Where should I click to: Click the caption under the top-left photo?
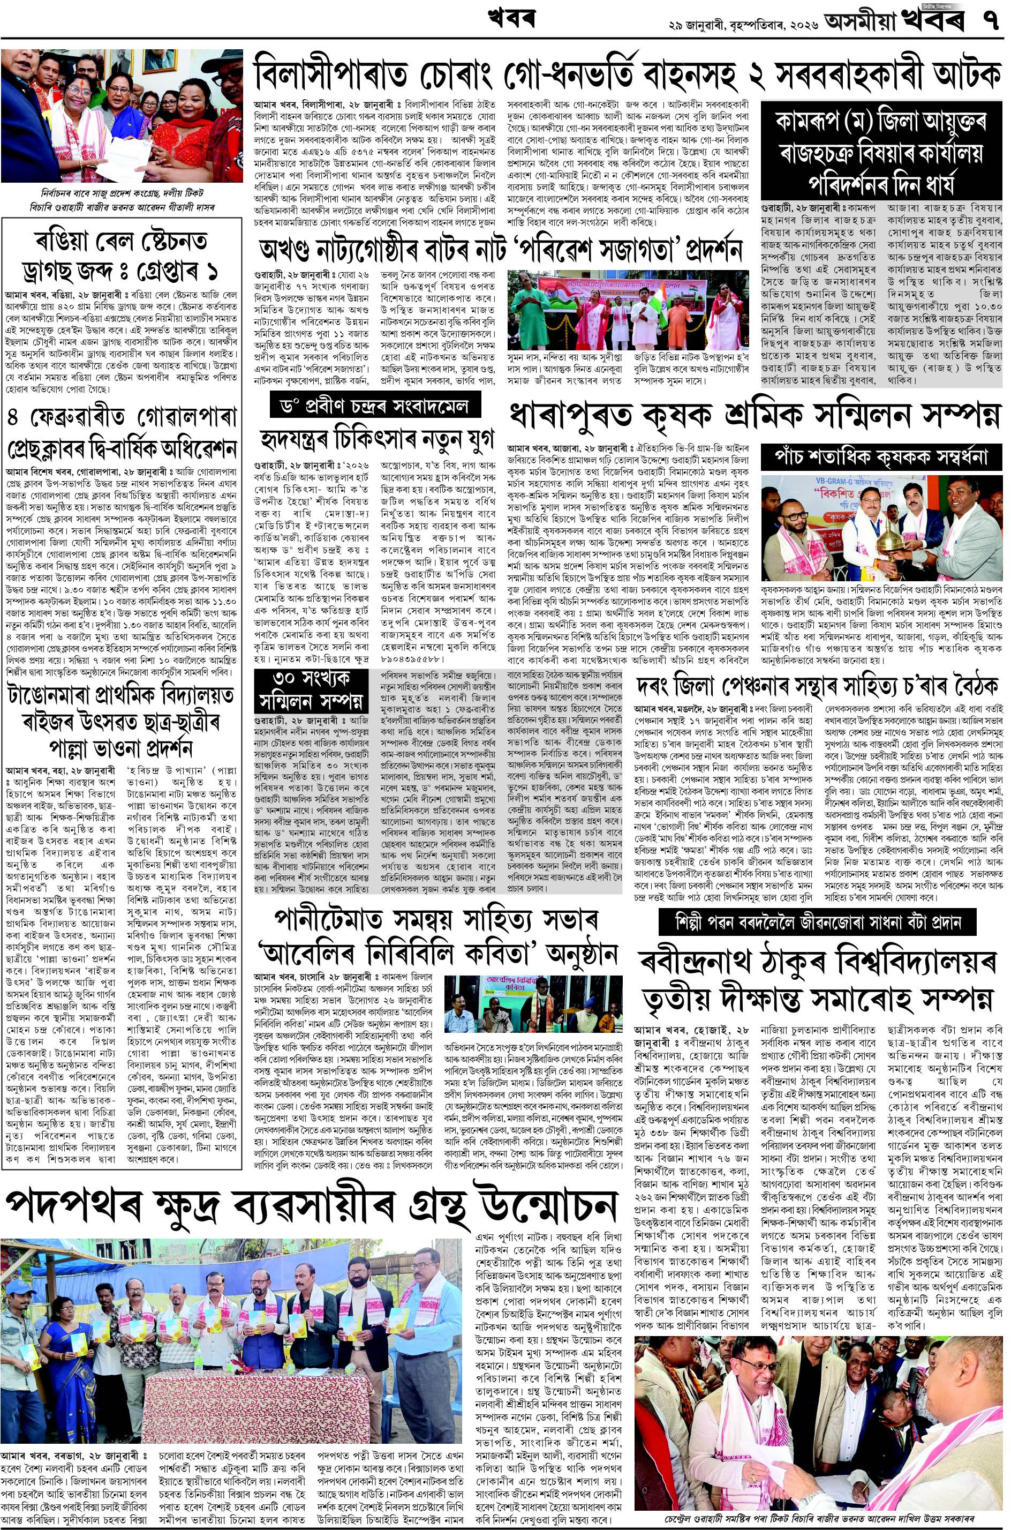pos(121,199)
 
